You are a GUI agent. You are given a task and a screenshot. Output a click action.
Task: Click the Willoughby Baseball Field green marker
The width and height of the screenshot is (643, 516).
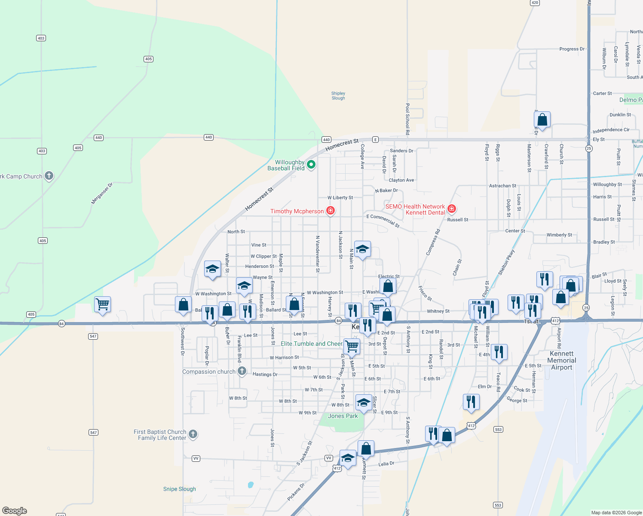311,164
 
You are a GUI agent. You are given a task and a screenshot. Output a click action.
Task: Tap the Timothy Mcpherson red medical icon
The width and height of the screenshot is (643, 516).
331,210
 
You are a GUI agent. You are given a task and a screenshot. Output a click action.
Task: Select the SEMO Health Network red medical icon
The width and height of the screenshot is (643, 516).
451,209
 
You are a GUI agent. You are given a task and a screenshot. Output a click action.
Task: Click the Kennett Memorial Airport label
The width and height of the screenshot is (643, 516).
562,360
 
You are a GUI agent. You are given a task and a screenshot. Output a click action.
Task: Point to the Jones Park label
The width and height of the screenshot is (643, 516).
343,416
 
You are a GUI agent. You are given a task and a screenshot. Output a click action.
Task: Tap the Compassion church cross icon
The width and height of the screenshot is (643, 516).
242,371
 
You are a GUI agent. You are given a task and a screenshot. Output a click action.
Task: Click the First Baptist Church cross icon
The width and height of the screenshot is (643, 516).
193,434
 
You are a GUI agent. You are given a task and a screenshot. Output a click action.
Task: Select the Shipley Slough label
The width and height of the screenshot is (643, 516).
338,95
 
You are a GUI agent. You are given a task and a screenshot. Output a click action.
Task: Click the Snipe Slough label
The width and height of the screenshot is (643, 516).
179,489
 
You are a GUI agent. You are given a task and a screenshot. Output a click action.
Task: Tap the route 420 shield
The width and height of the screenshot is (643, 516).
535,3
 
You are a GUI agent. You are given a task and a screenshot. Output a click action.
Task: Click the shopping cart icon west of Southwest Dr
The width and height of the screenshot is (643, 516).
102,304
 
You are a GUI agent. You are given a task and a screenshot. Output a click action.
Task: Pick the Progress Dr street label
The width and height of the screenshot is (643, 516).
572,49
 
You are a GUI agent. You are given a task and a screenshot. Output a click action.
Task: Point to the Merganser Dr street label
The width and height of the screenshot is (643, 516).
102,193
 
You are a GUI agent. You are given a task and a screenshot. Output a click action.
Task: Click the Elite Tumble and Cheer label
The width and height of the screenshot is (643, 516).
311,344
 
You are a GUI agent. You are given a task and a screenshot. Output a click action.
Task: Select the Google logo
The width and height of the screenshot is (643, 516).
15,511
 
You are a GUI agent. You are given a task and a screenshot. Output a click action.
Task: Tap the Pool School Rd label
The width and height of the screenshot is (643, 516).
407,119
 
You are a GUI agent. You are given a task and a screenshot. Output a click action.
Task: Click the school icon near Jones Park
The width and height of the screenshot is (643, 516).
363,403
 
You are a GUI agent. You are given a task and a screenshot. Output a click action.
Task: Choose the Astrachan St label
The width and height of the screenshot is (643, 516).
502,186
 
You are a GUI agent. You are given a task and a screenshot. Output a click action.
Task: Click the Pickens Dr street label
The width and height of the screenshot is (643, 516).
296,491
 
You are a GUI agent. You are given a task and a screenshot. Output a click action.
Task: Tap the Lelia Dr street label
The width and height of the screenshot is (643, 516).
386,464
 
